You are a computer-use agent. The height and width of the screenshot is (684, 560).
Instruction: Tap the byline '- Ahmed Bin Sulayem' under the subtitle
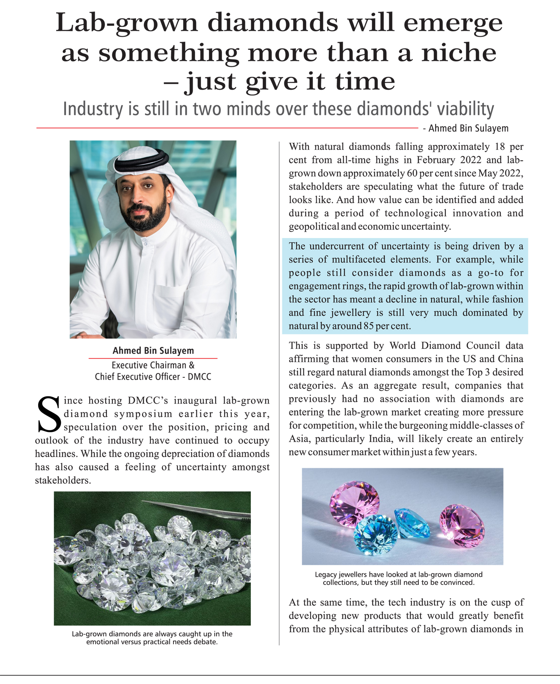(466, 128)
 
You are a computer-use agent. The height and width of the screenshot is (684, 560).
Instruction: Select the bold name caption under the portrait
(153, 350)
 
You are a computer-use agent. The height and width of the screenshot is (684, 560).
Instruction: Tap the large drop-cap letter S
(49, 414)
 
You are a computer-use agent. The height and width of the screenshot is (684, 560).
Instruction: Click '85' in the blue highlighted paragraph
(369, 326)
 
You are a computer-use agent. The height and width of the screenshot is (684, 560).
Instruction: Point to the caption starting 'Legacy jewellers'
(399, 578)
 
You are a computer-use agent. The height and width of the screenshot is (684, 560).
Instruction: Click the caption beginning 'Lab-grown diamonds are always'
(152, 638)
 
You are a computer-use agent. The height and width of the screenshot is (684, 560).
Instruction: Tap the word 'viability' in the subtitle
(465, 109)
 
